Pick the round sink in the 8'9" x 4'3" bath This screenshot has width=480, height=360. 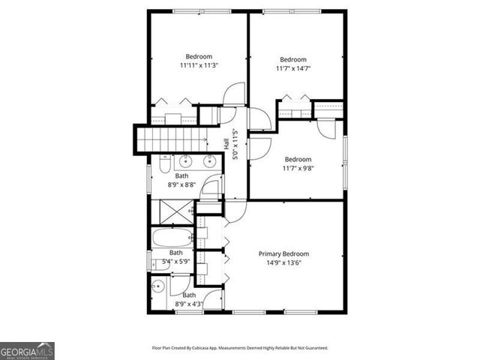pos(158,286)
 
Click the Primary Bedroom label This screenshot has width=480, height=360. pos(283,254)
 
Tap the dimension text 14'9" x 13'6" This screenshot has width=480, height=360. pos(283,263)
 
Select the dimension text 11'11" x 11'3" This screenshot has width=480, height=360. pos(199,65)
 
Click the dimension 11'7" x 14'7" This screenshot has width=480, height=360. pos(292,69)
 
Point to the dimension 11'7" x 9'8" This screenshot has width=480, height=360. pos(298,168)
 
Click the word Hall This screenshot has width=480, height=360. pos(226,143)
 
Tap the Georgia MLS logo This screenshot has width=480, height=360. pos(27,350)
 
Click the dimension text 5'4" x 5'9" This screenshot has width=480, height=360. pos(178,261)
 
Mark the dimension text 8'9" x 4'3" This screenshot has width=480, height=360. pos(188,304)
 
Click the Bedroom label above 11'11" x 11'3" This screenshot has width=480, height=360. pos(199,56)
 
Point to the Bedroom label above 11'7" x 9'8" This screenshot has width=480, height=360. pos(298,159)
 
